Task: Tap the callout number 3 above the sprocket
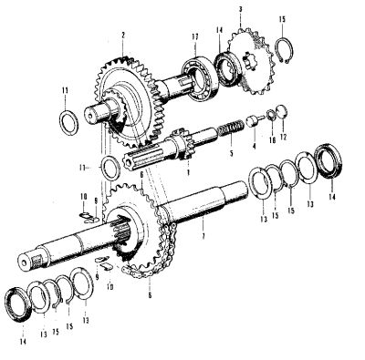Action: tap(239, 8)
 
